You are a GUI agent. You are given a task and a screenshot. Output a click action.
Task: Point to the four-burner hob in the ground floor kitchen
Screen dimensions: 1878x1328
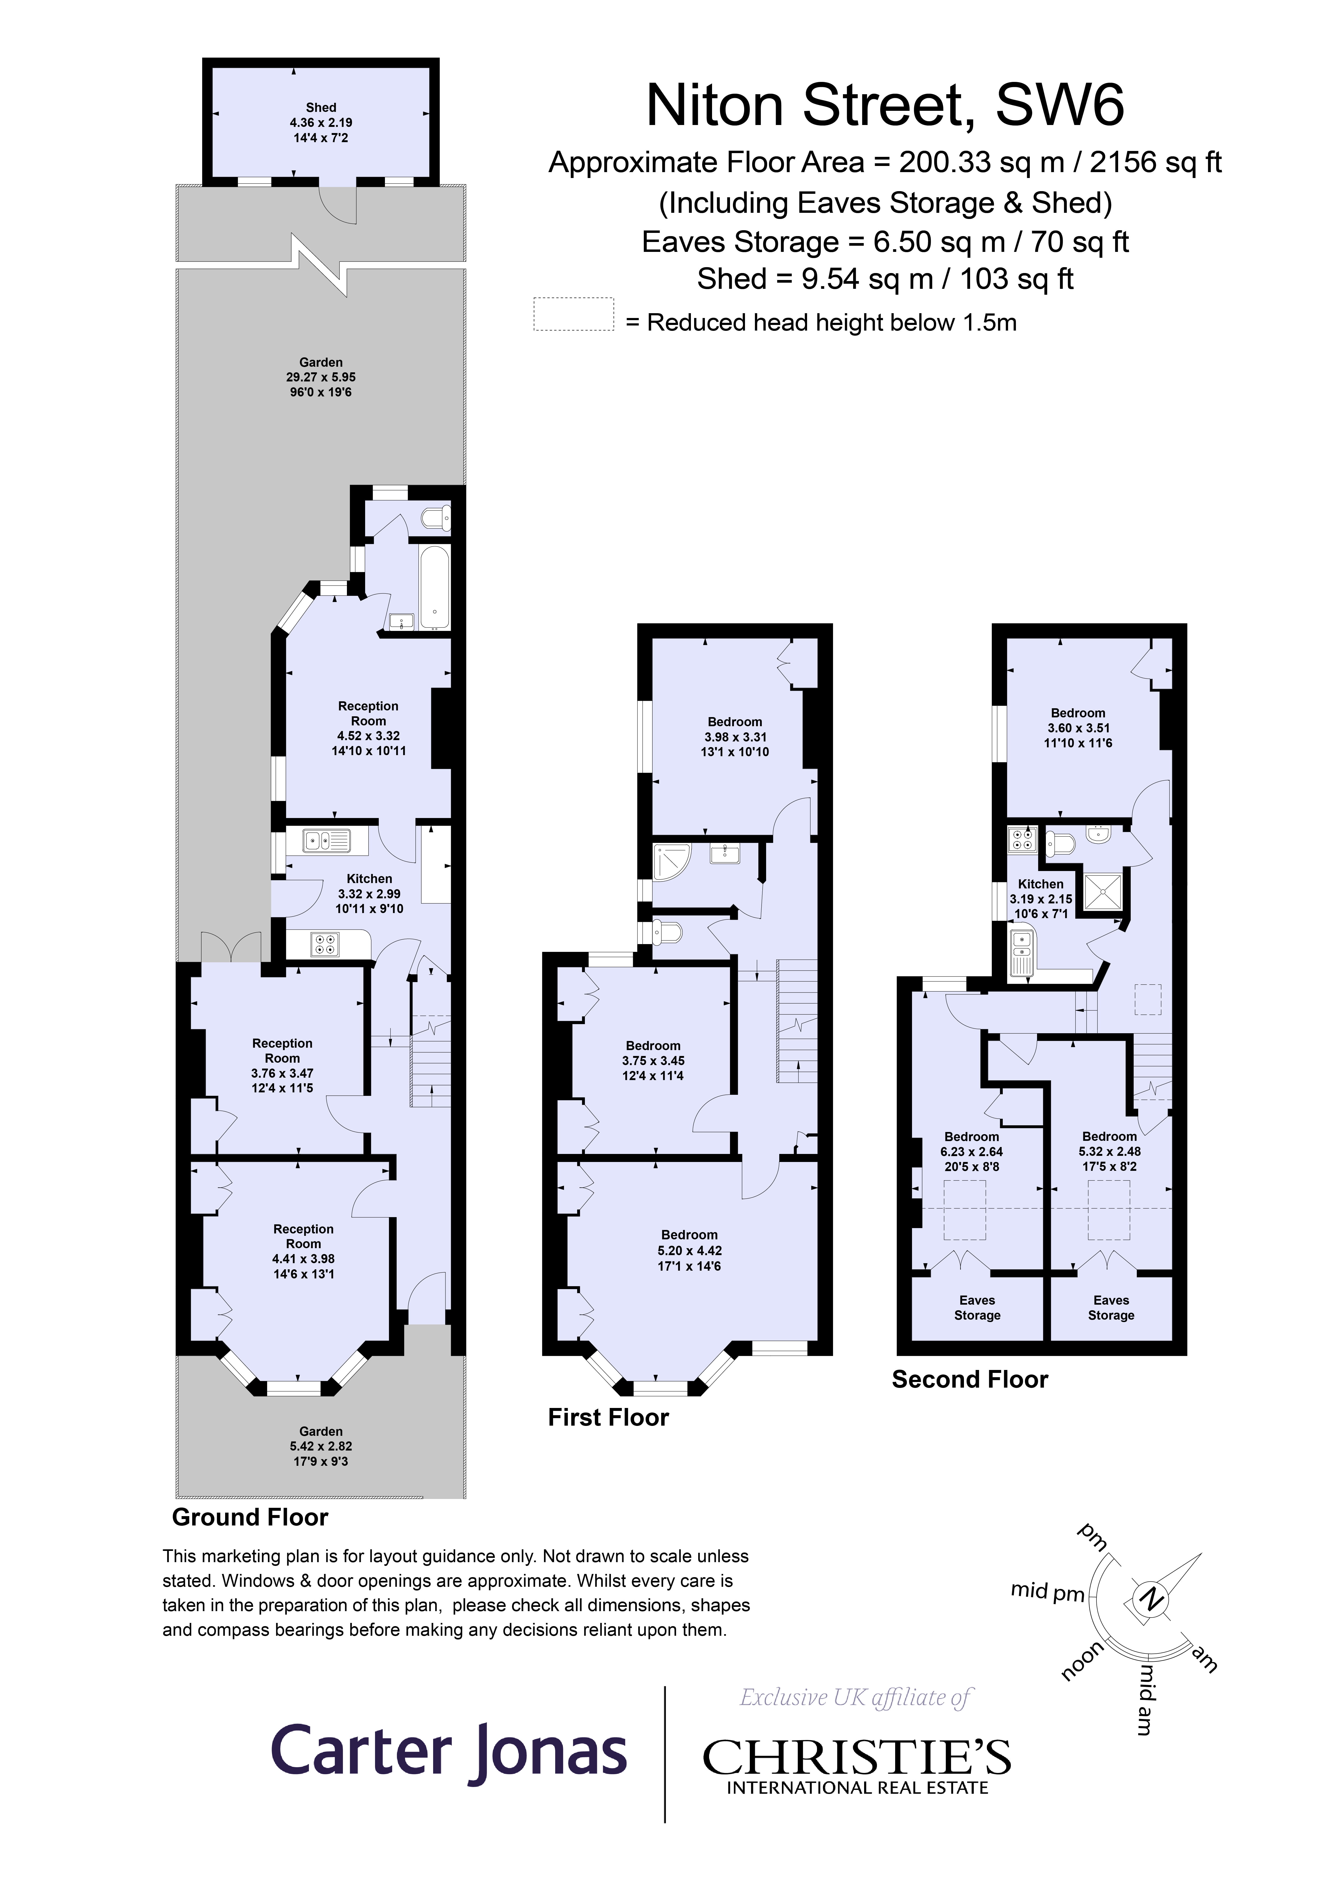[x=325, y=945]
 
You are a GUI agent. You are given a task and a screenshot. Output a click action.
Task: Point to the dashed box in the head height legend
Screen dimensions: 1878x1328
[x=574, y=314]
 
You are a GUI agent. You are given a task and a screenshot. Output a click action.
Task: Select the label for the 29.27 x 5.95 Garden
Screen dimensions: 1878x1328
[x=321, y=377]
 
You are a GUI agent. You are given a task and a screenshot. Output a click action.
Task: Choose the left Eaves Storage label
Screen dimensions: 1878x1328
[x=977, y=1307]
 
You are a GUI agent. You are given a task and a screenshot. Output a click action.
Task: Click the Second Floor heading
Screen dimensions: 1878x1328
[x=970, y=1379]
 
